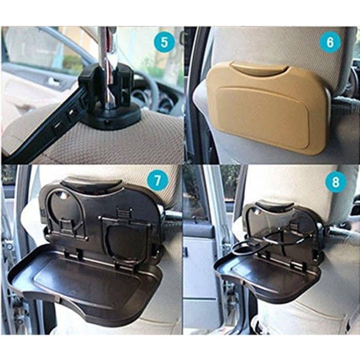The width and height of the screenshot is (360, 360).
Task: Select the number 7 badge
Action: pyautogui.click(x=157, y=181)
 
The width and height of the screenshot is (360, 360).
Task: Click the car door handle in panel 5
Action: pyautogui.click(x=53, y=81)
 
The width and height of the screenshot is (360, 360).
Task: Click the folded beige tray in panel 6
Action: pyautogui.click(x=267, y=111)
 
